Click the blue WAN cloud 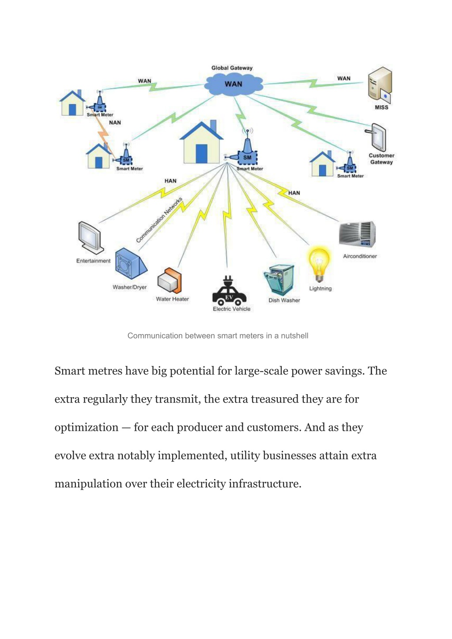tap(234, 84)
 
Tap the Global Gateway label tap(232, 68)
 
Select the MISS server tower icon tap(380, 85)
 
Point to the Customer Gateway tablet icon tap(376, 137)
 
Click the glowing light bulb tap(319, 264)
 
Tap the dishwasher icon tap(279, 280)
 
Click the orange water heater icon tap(169, 281)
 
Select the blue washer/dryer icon tap(131, 263)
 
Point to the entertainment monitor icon tap(90, 238)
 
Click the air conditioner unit tap(357, 235)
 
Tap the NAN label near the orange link tap(115, 123)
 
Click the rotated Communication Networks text tap(159, 220)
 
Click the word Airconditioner tap(360, 256)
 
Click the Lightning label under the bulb tap(320, 289)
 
